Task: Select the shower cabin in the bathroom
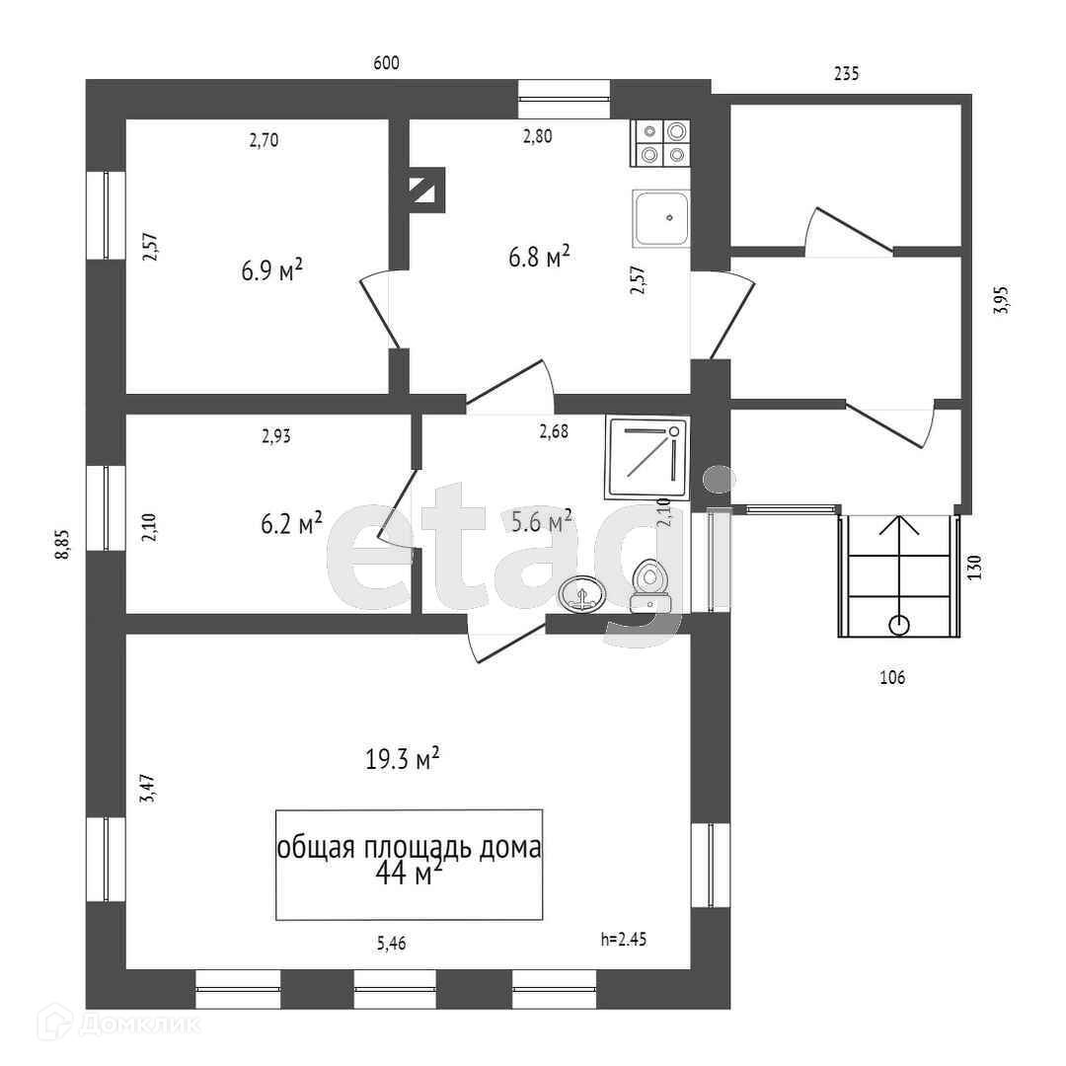point(647,457)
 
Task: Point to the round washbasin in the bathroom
point(581,595)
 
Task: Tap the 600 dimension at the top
point(386,63)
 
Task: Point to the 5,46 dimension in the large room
point(391,943)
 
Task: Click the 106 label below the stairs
point(891,677)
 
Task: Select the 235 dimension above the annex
point(847,72)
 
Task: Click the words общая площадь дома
point(409,848)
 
